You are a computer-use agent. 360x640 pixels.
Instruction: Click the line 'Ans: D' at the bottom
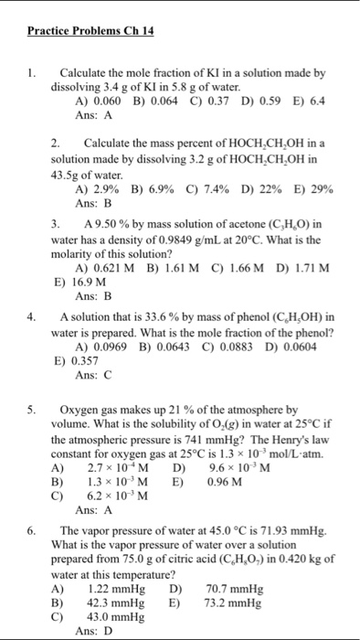(93, 632)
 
